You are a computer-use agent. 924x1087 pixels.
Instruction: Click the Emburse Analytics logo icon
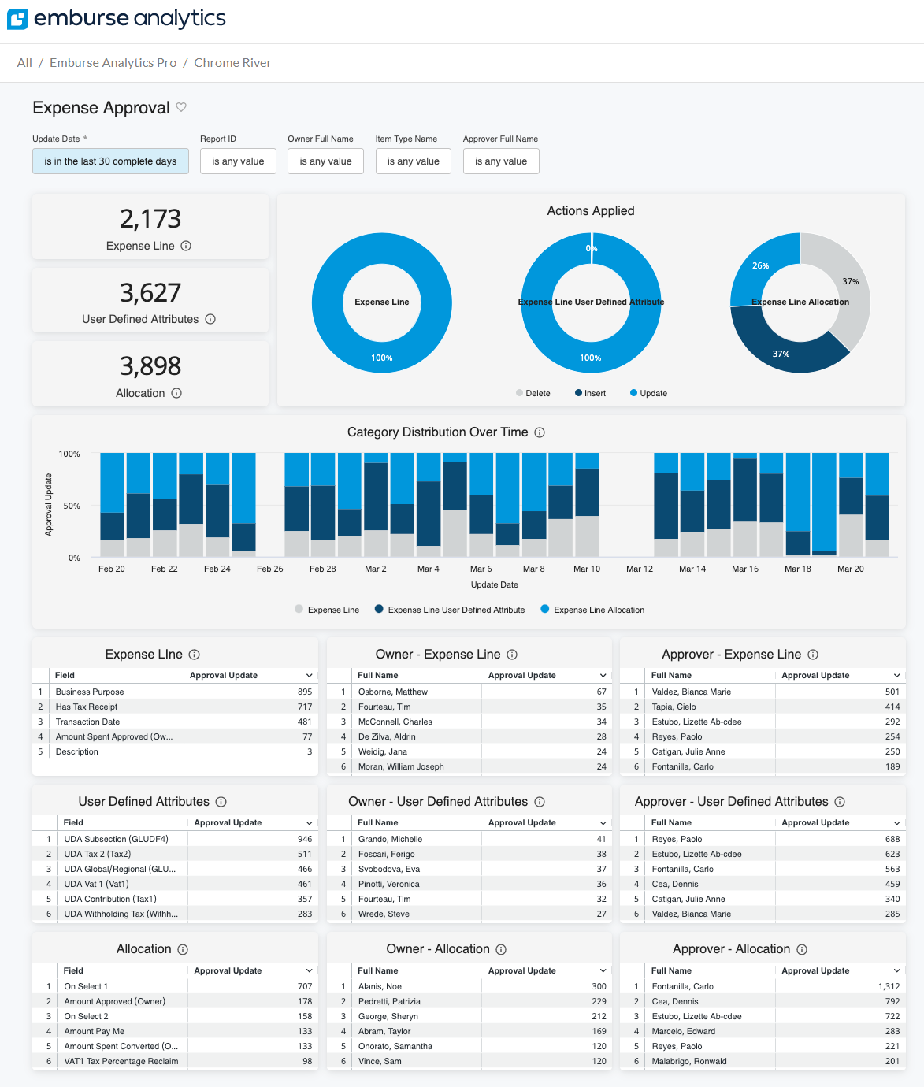click(17, 19)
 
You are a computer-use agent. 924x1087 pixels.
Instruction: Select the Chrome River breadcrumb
click(232, 63)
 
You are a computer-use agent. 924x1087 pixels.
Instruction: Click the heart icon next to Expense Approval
click(181, 107)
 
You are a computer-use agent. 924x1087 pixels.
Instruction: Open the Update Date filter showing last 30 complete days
click(110, 161)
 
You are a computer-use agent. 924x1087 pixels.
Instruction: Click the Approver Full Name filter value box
click(501, 161)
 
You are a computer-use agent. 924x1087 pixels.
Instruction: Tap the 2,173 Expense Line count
click(150, 219)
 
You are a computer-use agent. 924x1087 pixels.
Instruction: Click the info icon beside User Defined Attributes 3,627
click(210, 319)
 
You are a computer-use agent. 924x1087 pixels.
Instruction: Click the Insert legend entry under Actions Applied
click(591, 393)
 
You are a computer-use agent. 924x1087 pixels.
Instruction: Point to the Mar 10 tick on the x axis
click(587, 569)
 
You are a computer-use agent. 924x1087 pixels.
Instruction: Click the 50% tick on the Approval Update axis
click(72, 506)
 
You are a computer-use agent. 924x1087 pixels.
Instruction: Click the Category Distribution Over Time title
click(437, 432)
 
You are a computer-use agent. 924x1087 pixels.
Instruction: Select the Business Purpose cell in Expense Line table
click(90, 692)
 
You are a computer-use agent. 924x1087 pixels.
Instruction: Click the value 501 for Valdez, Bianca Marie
click(892, 692)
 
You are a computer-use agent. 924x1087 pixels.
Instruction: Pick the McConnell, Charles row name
click(395, 722)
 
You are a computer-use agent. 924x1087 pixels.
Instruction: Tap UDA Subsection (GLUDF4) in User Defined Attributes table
click(116, 839)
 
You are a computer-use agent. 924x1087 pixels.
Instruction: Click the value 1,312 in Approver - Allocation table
click(889, 986)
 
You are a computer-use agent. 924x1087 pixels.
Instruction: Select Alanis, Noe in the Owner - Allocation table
click(380, 986)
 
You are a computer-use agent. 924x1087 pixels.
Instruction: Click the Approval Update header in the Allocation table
click(228, 970)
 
